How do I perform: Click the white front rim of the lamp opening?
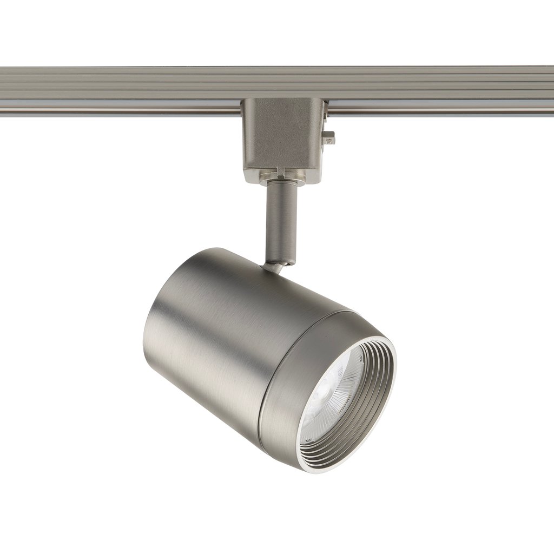click(x=393, y=379)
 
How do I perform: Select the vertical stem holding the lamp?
click(x=282, y=222)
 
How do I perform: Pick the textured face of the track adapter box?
click(x=276, y=135)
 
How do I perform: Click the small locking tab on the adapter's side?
click(x=329, y=138)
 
